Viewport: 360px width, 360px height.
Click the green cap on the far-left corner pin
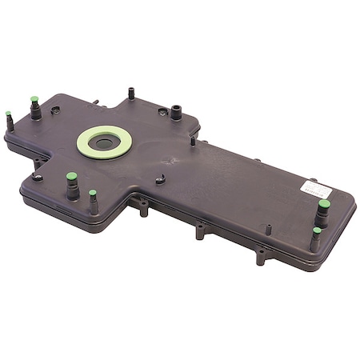coord(9,114)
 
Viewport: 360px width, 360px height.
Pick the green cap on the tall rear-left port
coord(34,100)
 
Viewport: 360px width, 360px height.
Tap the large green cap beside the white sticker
coord(324,204)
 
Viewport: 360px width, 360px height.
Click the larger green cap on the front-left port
coord(71,176)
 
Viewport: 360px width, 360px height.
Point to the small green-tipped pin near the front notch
coord(93,194)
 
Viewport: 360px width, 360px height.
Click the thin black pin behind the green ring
coord(130,92)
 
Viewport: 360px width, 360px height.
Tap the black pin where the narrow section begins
coord(193,141)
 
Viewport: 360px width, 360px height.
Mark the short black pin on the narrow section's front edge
coord(268,229)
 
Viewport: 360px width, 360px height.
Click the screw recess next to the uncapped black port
coord(162,111)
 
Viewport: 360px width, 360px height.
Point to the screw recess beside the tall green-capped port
coord(55,110)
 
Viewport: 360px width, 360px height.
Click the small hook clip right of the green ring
coord(160,179)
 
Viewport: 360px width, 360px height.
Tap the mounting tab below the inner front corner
coord(144,210)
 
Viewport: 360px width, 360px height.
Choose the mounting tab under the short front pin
coord(261,257)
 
